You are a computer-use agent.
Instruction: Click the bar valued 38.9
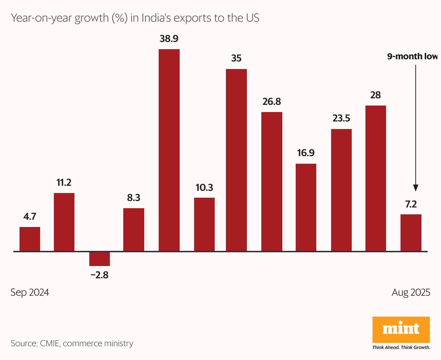[169, 150]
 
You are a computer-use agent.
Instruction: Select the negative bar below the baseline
[99, 259]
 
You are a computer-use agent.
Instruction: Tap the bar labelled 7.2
[411, 233]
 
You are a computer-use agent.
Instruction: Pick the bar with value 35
[236, 160]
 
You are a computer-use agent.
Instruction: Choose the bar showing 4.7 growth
[30, 239]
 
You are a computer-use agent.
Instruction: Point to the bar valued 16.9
[306, 207]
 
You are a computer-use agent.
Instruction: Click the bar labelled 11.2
[64, 222]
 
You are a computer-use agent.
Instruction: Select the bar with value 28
[376, 178]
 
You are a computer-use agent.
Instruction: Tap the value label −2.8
[99, 275]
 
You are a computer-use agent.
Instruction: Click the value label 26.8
[271, 102]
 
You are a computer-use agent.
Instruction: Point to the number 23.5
[341, 118]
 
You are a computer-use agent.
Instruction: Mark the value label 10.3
[204, 187]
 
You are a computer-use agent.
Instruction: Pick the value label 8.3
[133, 198]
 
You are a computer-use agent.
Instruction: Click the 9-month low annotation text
[412, 56]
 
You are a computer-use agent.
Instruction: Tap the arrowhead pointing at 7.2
[416, 188]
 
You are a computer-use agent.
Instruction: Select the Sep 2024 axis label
[30, 292]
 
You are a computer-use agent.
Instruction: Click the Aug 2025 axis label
[411, 292]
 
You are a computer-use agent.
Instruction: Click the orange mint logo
[401, 329]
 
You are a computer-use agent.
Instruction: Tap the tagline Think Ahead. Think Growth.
[401, 348]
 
